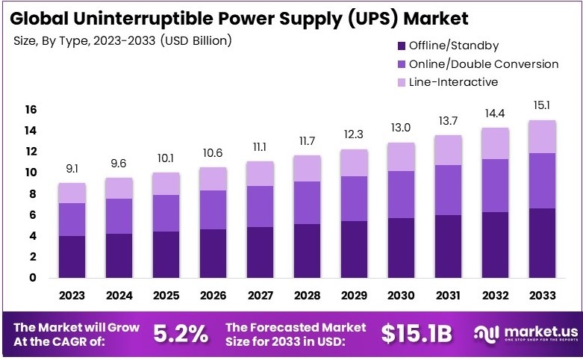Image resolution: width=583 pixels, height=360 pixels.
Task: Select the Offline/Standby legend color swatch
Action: tap(402, 46)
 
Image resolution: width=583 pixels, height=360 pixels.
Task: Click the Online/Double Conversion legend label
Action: tap(483, 64)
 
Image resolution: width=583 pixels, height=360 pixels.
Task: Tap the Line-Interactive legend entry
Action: tap(453, 82)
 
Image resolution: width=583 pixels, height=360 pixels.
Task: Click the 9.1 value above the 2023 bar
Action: tap(72, 169)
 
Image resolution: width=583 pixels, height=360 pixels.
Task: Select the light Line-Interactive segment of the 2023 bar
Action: tap(72, 193)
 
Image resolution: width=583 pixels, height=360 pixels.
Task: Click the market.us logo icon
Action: tap(483, 334)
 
